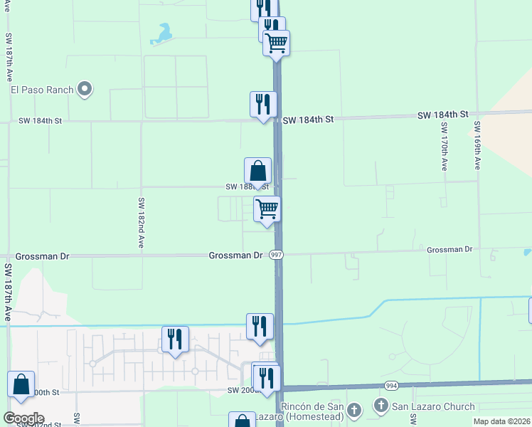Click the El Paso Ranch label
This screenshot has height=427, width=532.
pos(42,90)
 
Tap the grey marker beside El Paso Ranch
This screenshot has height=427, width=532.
pos(85,90)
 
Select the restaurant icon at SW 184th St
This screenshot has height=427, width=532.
pos(263,104)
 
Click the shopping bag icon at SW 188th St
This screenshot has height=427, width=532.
pos(257,171)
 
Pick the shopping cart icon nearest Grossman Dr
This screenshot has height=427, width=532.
pos(267,209)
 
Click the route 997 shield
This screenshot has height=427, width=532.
pos(277,255)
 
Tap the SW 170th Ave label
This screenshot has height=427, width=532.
pos(444,146)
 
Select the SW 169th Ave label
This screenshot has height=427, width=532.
pos(477,145)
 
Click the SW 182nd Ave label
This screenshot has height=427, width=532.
pos(142,222)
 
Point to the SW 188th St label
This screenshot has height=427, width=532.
pos(247,186)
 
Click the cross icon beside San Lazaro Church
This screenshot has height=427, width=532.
pos(381,406)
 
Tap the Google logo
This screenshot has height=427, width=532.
pos(23,418)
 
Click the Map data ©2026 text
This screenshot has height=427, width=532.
pos(501,421)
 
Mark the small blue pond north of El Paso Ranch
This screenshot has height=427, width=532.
pos(164,34)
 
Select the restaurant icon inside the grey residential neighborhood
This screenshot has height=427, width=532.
pos(175,339)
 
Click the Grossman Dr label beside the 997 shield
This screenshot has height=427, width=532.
pos(235,255)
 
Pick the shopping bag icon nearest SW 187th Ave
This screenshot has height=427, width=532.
pos(21,384)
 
